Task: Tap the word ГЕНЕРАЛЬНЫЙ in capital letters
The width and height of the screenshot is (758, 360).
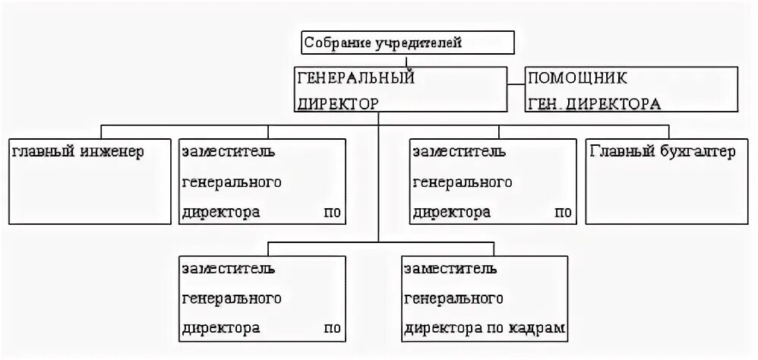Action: [354, 77]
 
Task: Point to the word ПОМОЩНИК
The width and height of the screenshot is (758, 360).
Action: [578, 77]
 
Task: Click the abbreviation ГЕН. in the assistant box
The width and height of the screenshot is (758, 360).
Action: [545, 104]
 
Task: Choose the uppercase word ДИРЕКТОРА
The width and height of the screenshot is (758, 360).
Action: [614, 104]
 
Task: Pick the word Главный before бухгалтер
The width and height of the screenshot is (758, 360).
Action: [618, 152]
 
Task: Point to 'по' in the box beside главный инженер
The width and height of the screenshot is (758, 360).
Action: [332, 213]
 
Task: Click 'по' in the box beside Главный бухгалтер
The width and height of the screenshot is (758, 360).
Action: [562, 213]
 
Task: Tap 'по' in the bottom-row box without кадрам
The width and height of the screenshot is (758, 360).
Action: [332, 329]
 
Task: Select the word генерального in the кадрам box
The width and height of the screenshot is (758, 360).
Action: [453, 298]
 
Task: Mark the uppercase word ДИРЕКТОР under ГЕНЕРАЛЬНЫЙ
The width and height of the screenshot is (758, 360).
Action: [336, 104]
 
